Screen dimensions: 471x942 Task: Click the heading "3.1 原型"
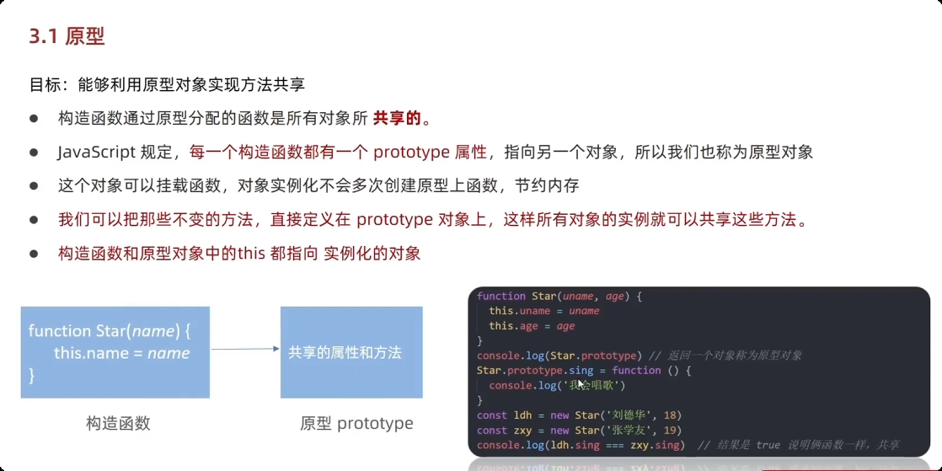[67, 36]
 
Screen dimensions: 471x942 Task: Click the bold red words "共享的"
[397, 118]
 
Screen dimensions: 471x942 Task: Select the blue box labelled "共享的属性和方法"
[351, 352]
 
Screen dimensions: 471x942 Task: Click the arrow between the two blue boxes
[244, 349]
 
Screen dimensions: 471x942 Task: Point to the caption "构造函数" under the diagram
[118, 423]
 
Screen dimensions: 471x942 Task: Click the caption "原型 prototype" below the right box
[356, 423]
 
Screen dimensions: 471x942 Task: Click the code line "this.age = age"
[532, 326]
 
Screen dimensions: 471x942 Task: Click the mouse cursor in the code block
[581, 383]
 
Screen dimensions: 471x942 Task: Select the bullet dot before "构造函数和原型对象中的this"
[35, 253]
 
